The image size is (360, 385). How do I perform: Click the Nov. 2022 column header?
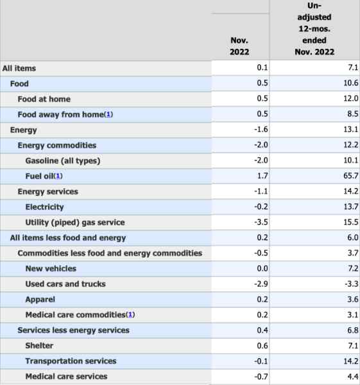click(239, 46)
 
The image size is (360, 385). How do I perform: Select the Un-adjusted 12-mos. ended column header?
click(314, 29)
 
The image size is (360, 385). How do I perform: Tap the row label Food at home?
click(44, 99)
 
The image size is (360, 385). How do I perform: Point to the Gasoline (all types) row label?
click(63, 161)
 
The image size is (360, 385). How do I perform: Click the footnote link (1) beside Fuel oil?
click(58, 176)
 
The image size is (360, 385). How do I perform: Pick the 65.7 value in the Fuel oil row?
click(350, 176)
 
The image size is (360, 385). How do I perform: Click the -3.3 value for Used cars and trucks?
click(351, 284)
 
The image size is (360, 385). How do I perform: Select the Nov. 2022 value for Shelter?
click(262, 346)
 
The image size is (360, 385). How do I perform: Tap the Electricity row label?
click(44, 207)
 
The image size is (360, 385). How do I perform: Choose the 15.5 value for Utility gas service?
click(350, 222)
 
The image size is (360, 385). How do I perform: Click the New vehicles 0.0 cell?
click(262, 268)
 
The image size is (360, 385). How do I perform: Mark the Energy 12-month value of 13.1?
click(350, 129)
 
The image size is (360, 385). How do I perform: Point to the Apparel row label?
click(40, 300)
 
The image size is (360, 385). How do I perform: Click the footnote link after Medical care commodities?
click(130, 315)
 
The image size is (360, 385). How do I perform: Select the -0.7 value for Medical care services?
click(261, 377)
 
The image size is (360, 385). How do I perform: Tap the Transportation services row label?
click(71, 361)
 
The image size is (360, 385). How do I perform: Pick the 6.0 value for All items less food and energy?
click(353, 237)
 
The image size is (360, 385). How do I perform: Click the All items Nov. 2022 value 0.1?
click(262, 67)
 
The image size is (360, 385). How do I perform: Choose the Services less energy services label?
click(73, 330)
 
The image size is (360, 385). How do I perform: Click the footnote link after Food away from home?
click(108, 114)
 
